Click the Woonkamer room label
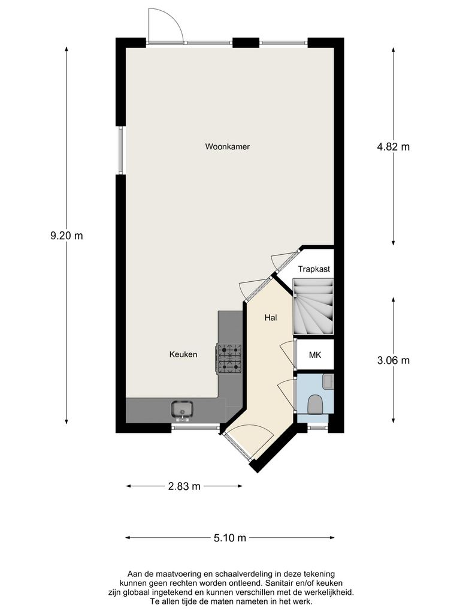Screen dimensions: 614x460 227,146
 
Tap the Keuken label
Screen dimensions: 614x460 183,354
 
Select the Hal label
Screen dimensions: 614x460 271,318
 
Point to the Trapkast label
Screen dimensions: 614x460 314,269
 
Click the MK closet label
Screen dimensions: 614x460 315,356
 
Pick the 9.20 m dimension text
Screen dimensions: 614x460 66,236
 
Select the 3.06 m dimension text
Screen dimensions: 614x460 393,360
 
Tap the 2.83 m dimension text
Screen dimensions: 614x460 184,486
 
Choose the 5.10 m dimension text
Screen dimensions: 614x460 230,538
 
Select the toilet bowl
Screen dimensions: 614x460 315,404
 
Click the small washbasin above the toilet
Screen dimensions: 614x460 327,380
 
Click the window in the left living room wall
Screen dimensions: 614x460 120,150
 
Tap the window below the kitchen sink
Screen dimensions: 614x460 195,428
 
